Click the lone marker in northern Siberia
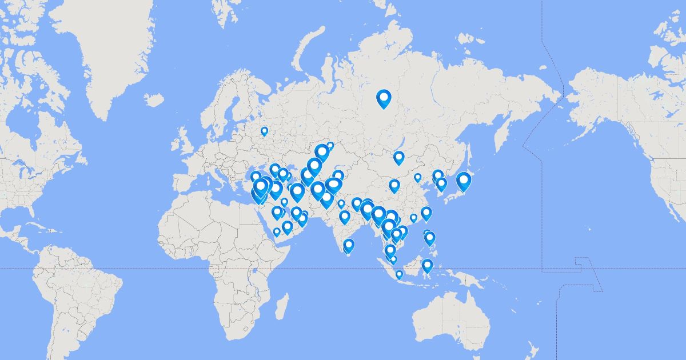[384, 99]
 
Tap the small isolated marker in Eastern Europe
[264, 131]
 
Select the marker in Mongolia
[399, 157]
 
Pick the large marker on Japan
[464, 181]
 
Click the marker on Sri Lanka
[349, 246]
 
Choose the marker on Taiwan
[426, 214]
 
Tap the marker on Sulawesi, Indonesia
[427, 265]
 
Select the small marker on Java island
[399, 274]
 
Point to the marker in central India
[344, 217]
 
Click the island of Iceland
[154, 100]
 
